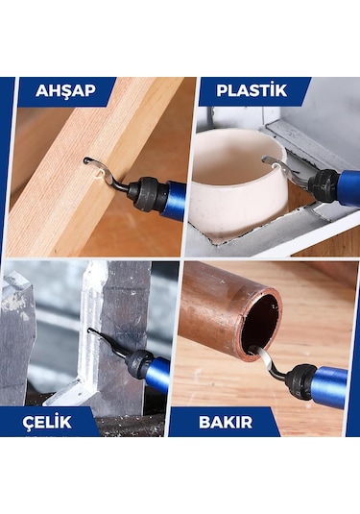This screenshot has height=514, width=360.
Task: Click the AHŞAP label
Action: click(x=64, y=92)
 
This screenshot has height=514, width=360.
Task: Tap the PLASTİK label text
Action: click(x=251, y=92)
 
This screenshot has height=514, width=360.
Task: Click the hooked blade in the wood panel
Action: click(x=100, y=169)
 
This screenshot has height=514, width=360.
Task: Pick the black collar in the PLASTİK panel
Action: click(x=324, y=180)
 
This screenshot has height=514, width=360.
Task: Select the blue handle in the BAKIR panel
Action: click(x=331, y=384)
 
